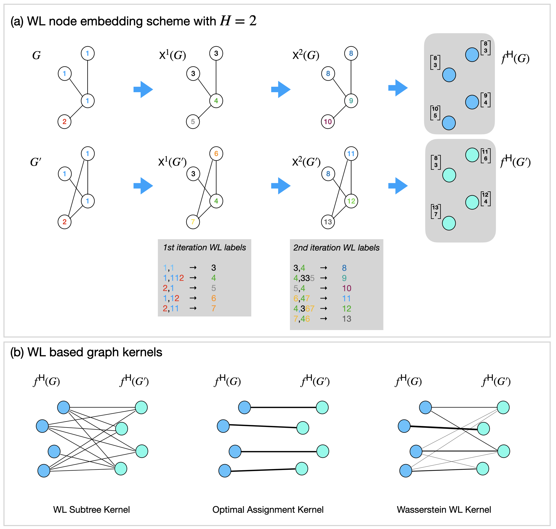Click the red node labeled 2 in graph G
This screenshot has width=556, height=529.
tap(64, 122)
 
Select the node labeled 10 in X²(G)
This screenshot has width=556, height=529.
tap(328, 122)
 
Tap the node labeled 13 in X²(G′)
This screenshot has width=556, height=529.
tap(328, 222)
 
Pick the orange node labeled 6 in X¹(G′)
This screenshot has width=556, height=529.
tap(216, 154)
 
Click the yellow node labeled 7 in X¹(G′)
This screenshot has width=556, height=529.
tap(193, 222)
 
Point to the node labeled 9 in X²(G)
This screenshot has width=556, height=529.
tap(351, 101)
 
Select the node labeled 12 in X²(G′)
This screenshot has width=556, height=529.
tap(351, 201)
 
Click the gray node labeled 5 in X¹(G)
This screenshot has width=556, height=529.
tap(193, 122)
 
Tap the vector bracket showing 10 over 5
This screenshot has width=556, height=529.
tap(435, 112)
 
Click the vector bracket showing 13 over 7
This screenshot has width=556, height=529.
tap(436, 211)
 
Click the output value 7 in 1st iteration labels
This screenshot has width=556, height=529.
tap(213, 308)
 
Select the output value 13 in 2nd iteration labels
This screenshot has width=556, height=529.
tap(346, 319)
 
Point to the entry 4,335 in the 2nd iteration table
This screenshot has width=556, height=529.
tap(304, 278)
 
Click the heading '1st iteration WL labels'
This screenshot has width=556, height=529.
tap(204, 248)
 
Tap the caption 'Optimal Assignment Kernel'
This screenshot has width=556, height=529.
tap(268, 510)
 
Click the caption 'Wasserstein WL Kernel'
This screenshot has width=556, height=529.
tap(443, 510)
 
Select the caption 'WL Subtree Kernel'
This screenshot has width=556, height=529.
tap(91, 510)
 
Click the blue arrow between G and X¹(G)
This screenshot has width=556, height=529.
tap(143, 89)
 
